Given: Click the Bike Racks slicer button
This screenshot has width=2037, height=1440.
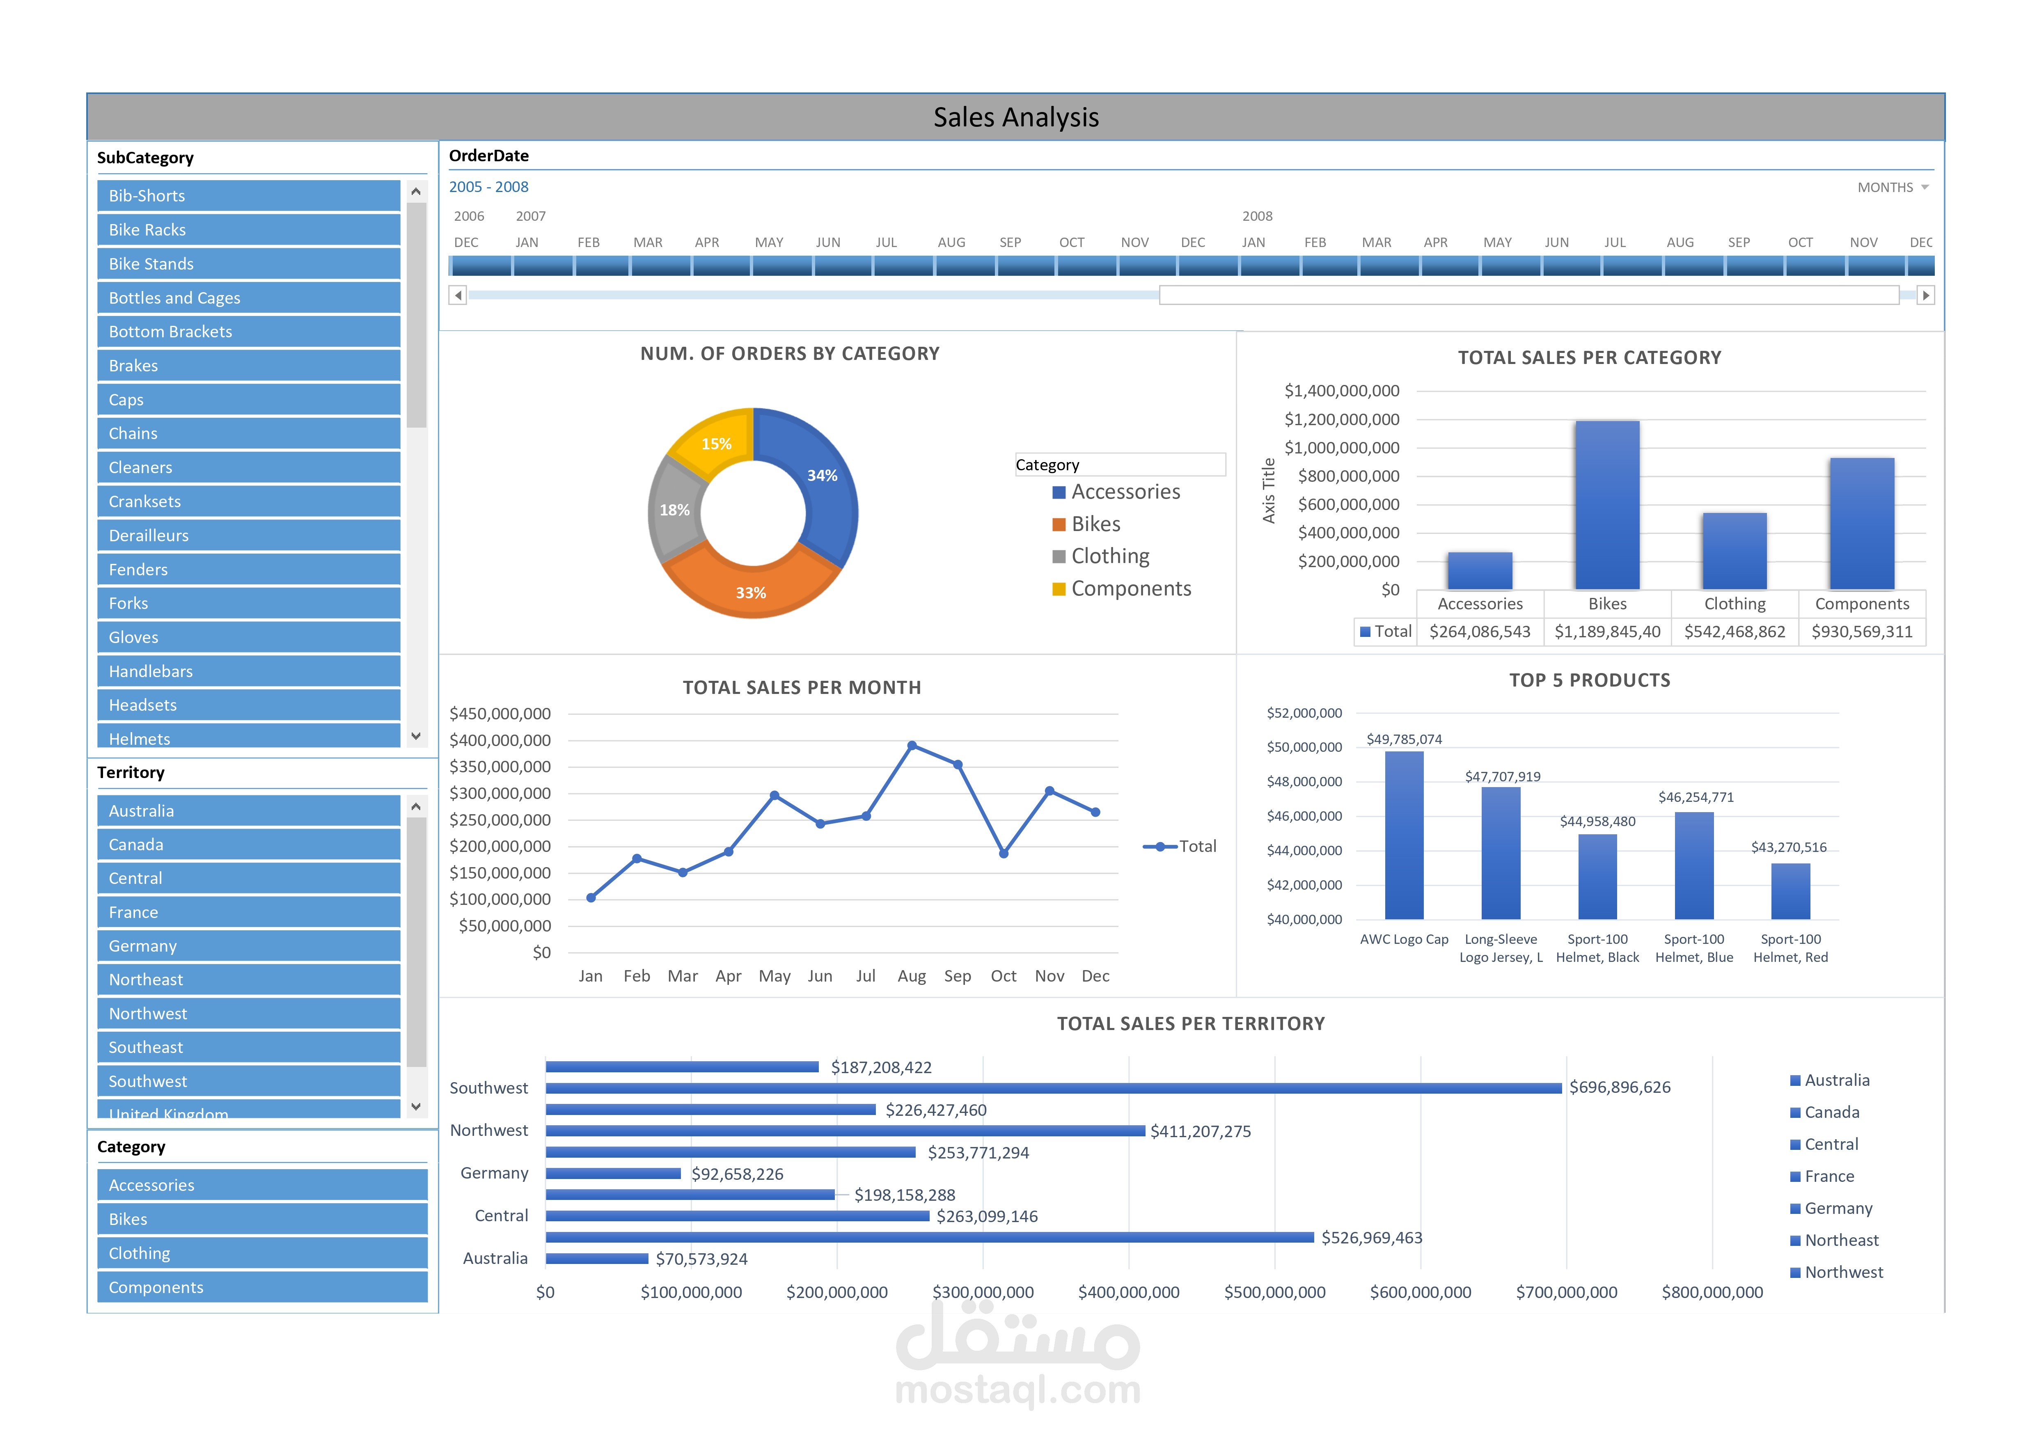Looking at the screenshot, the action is point(248,230).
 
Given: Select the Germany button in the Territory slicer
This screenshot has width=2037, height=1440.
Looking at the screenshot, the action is point(248,946).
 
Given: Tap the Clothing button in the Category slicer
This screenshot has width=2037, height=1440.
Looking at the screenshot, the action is point(262,1253).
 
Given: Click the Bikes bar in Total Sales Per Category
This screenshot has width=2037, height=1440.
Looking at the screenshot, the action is point(1607,505).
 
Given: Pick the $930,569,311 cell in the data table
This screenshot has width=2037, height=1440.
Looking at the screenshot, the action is point(1861,632).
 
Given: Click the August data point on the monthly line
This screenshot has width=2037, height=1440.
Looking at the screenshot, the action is point(912,746).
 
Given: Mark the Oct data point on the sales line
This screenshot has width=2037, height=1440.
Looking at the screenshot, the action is point(1004,854).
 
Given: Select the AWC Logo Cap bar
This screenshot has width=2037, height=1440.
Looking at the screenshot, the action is point(1404,835).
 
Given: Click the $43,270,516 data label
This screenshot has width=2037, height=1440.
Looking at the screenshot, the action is point(1789,847).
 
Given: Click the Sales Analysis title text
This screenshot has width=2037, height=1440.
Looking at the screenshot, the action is point(1016,117).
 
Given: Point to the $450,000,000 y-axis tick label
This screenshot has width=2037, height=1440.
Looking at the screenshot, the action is point(500,713).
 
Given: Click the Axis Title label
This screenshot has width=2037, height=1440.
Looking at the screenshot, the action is point(1269,491).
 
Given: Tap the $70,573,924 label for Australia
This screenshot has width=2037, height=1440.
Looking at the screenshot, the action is point(702,1259).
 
